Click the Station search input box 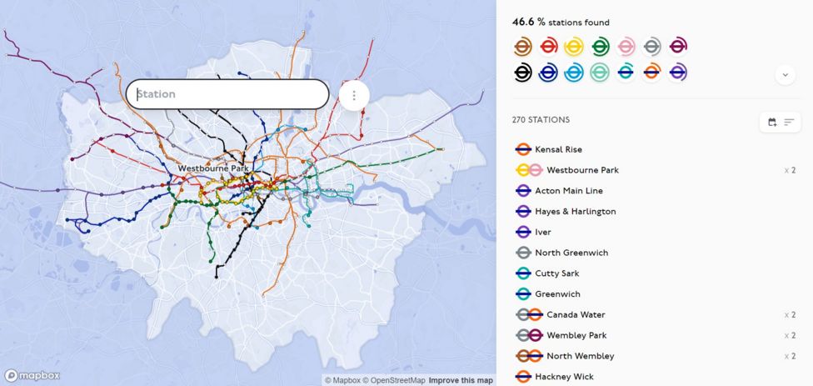(x=227, y=94)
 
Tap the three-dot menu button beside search (x=354, y=95)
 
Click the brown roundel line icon (x=522, y=47)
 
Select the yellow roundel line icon (x=574, y=47)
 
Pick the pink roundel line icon (x=626, y=47)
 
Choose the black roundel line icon (x=522, y=73)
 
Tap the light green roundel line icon (x=600, y=73)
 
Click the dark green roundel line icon (x=600, y=47)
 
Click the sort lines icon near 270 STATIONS (x=789, y=123)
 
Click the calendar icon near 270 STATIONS (x=772, y=123)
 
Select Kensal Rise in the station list (x=558, y=149)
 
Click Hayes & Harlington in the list (x=575, y=211)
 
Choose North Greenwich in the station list (x=571, y=253)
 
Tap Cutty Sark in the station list (x=556, y=273)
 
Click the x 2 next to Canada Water (x=790, y=315)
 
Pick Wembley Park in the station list (x=576, y=335)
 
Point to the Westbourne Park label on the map (x=213, y=168)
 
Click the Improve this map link (x=461, y=380)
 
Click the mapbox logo (x=32, y=375)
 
